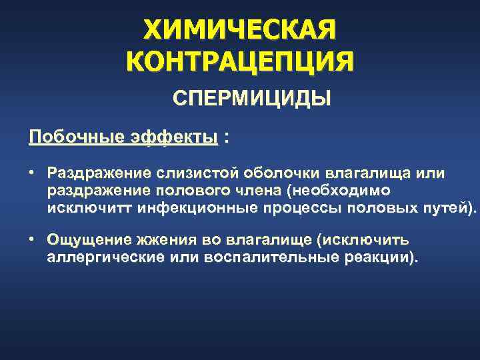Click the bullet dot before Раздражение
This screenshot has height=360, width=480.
click(x=32, y=173)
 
